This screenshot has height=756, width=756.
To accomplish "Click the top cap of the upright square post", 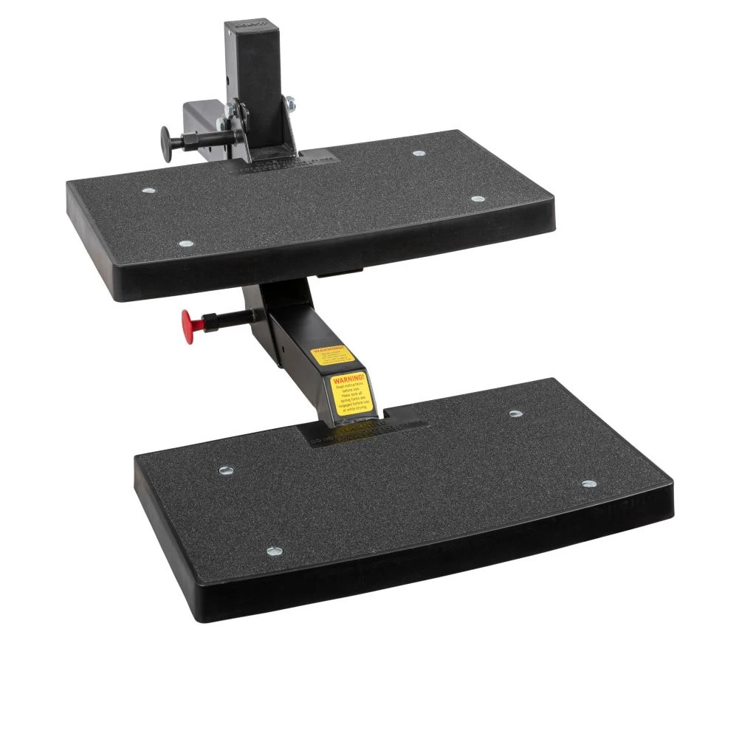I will [x=252, y=29].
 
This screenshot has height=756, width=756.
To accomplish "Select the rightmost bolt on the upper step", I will [x=477, y=199].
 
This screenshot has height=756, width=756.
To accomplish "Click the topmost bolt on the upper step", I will [x=419, y=154].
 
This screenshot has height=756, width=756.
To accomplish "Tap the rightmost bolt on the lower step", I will [x=588, y=484].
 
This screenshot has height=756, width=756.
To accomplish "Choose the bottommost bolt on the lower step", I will [x=275, y=550].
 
